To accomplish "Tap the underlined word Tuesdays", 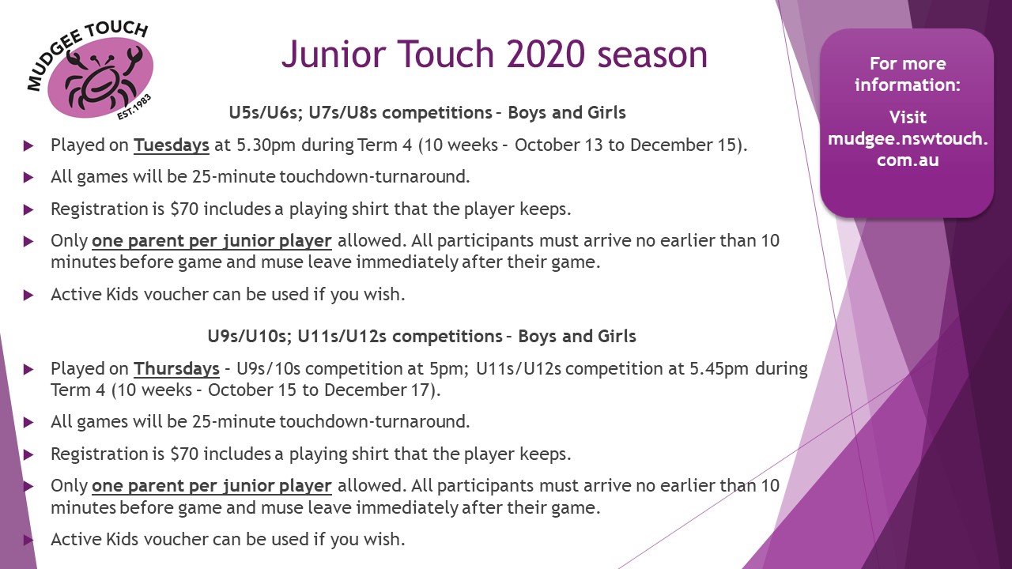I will click(x=172, y=145).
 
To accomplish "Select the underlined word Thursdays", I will click(x=176, y=369).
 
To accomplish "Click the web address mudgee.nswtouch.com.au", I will click(x=907, y=149).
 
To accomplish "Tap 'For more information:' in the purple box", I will click(x=907, y=73).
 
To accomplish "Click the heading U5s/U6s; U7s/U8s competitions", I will click(x=360, y=112).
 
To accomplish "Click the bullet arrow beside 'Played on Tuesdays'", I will click(x=29, y=146).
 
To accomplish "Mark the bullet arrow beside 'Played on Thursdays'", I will click(x=29, y=370).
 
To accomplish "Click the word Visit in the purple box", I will click(x=907, y=117).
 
